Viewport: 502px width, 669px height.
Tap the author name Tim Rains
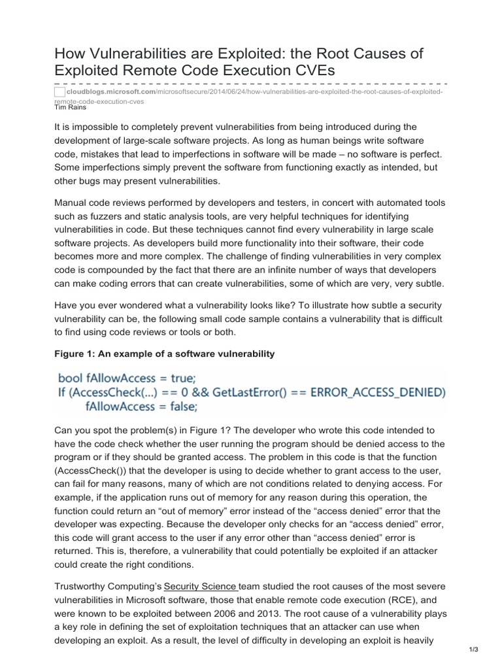70,107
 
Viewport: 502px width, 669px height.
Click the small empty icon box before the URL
59,93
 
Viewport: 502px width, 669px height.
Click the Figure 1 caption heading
164,353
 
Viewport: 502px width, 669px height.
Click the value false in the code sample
178,406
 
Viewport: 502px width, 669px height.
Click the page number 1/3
474,649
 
